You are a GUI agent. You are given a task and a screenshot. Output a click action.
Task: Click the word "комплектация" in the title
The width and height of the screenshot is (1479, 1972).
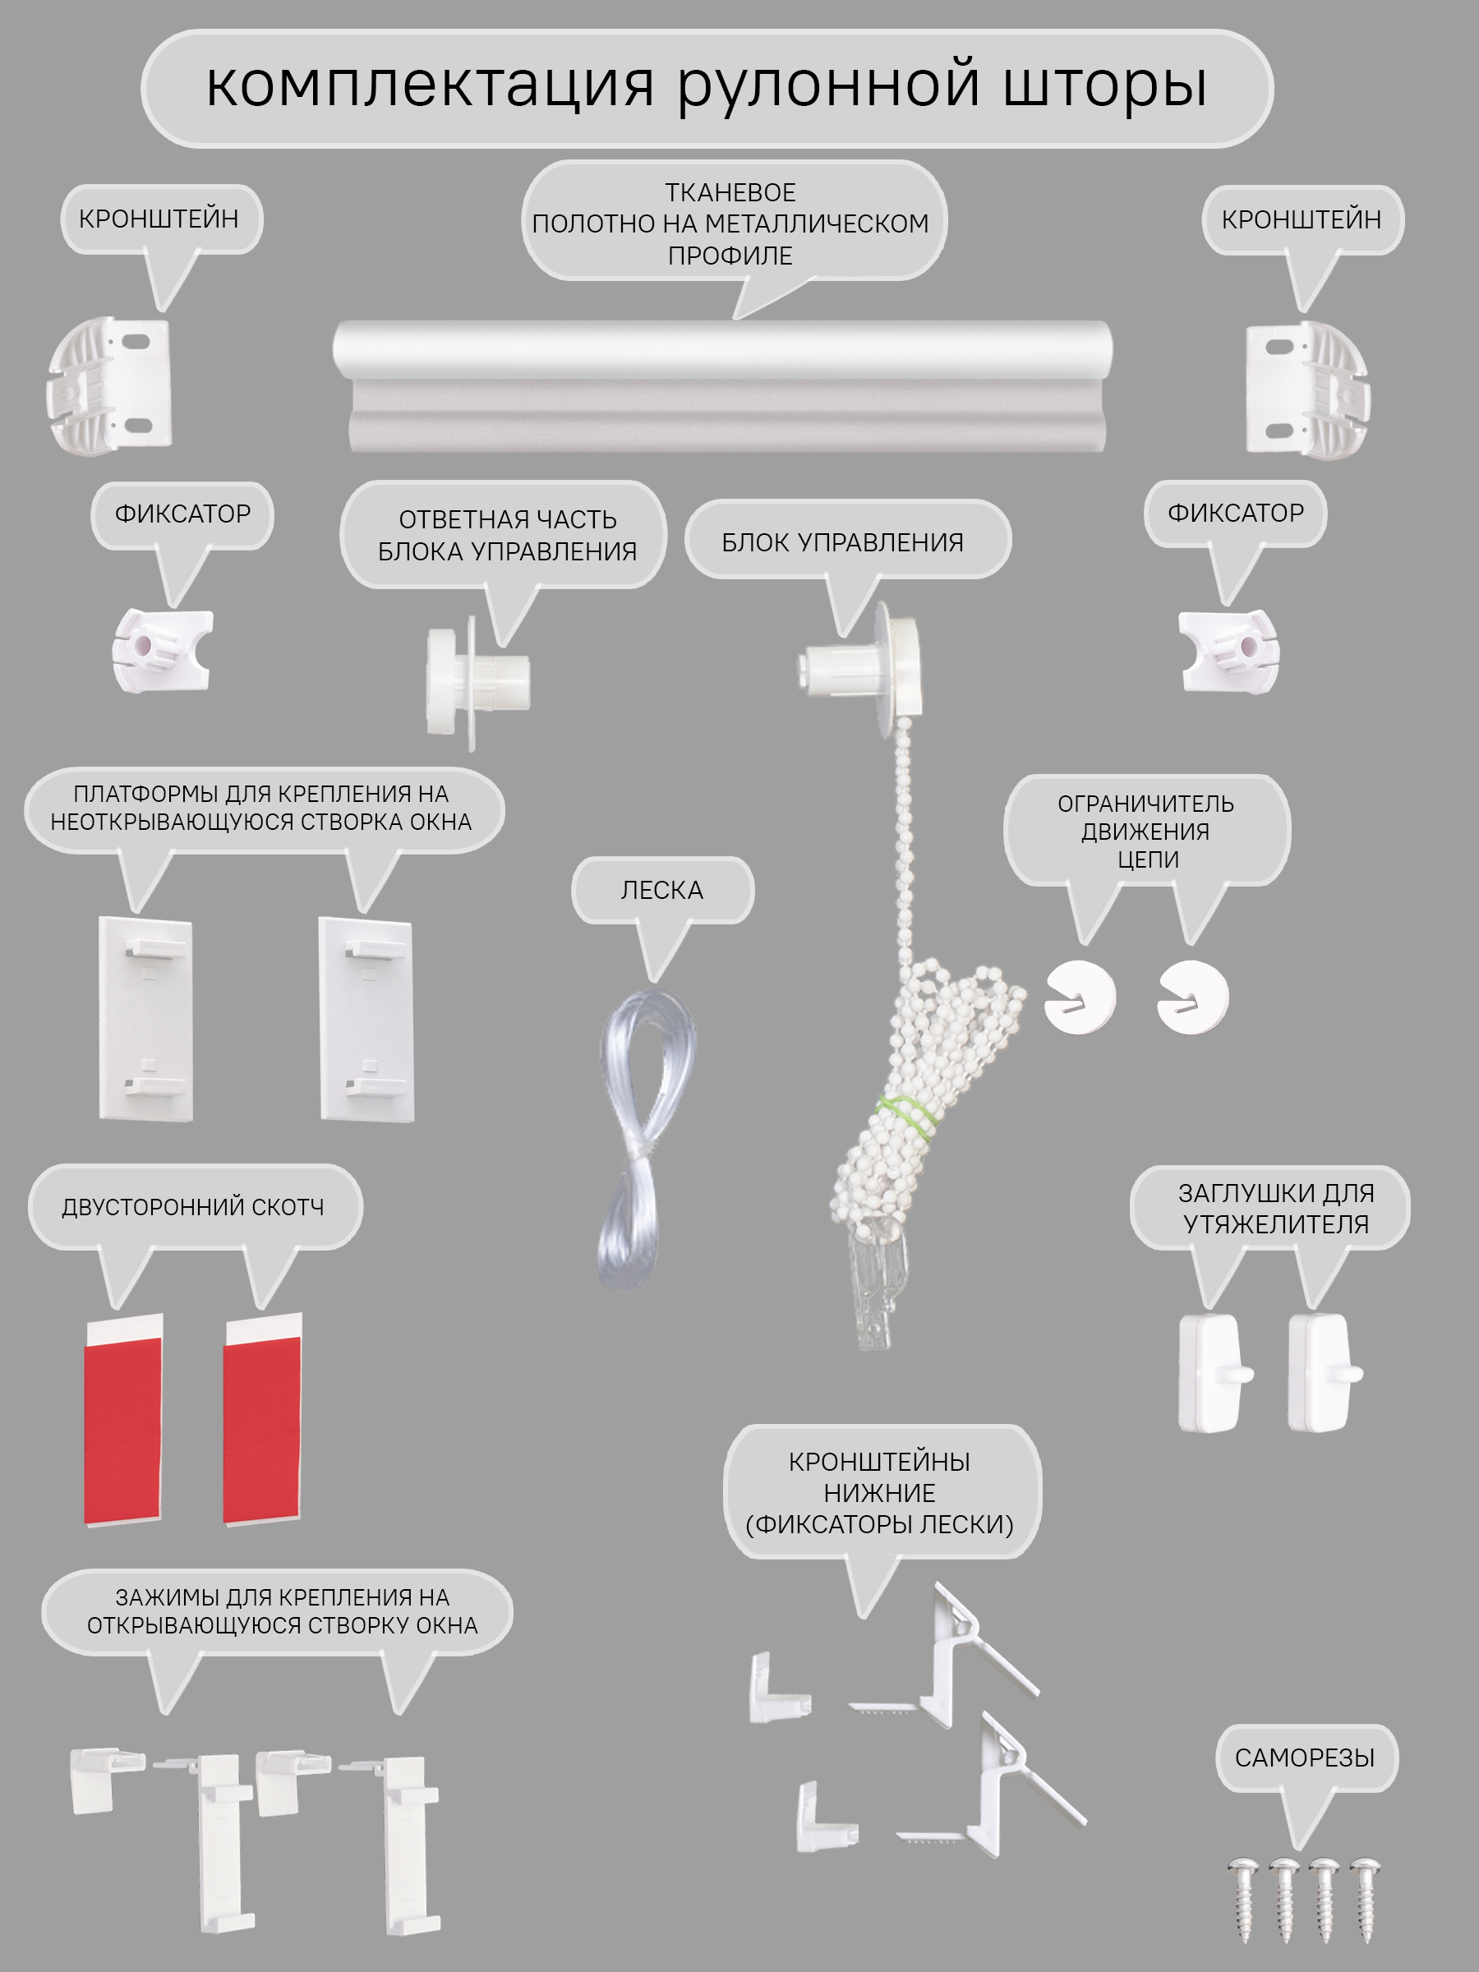pyautogui.click(x=431, y=86)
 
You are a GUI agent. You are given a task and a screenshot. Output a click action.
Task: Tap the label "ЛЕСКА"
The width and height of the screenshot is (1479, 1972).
pyautogui.click(x=661, y=890)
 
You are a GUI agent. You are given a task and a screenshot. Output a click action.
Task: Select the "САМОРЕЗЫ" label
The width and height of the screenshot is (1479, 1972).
pyautogui.click(x=1304, y=1758)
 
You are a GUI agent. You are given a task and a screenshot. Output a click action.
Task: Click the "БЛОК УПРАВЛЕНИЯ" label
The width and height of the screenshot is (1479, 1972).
pyautogui.click(x=842, y=542)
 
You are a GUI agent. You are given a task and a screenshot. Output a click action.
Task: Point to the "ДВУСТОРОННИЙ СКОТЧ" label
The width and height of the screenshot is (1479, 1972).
pyautogui.click(x=192, y=1207)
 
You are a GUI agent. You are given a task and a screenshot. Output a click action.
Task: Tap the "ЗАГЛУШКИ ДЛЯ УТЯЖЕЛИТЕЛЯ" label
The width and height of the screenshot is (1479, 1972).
pyautogui.click(x=1276, y=1208)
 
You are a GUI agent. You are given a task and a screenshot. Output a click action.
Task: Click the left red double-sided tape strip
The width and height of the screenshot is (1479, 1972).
pyautogui.click(x=123, y=1419)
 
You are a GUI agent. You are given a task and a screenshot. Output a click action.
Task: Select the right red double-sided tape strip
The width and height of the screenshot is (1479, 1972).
pyautogui.click(x=262, y=1419)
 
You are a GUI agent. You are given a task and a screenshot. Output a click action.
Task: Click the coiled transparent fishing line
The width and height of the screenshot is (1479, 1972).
pyautogui.click(x=643, y=1136)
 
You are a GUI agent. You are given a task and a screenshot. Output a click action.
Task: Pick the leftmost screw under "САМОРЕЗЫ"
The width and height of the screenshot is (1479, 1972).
pyautogui.click(x=1242, y=1899)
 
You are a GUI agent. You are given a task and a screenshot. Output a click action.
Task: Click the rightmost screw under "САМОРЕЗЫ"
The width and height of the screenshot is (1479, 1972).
pyautogui.click(x=1365, y=1899)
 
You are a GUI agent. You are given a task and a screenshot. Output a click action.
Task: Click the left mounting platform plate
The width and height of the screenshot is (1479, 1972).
pyautogui.click(x=145, y=1018)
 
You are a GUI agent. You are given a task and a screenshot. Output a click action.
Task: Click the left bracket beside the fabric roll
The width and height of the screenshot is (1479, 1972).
pyautogui.click(x=108, y=385)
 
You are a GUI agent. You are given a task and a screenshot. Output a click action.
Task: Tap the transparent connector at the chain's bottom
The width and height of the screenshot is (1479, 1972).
pyautogui.click(x=873, y=1283)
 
